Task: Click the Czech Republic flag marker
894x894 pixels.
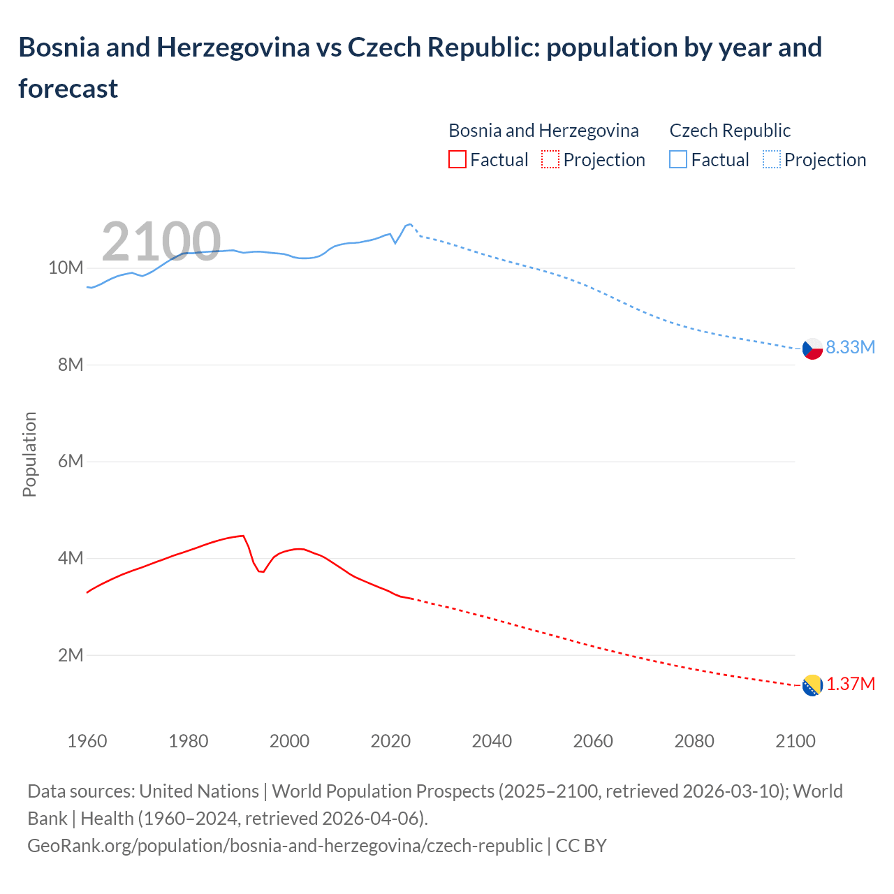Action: click(x=812, y=349)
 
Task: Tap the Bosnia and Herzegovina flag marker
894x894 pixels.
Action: click(x=812, y=685)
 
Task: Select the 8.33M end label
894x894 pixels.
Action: click(x=850, y=347)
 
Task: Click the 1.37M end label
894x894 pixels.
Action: click(x=850, y=684)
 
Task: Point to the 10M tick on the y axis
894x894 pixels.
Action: click(x=66, y=268)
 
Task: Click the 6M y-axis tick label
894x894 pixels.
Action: click(x=71, y=462)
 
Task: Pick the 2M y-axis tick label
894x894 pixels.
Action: click(x=71, y=655)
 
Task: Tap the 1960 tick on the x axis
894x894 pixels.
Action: click(x=87, y=741)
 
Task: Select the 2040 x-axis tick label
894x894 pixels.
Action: click(x=492, y=741)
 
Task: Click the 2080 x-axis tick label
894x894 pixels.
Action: click(x=694, y=741)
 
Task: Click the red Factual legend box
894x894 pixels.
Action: click(x=457, y=159)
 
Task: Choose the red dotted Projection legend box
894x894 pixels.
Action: click(x=550, y=159)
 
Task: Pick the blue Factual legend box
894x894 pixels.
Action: click(x=678, y=159)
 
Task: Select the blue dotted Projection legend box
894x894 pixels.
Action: click(x=771, y=159)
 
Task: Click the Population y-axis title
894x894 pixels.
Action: click(x=29, y=454)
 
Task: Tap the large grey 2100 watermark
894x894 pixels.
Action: click(x=161, y=241)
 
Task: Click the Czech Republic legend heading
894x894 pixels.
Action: click(x=730, y=131)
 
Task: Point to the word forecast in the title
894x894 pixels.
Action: click(x=68, y=89)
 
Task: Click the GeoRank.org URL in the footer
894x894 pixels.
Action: click(x=284, y=845)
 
